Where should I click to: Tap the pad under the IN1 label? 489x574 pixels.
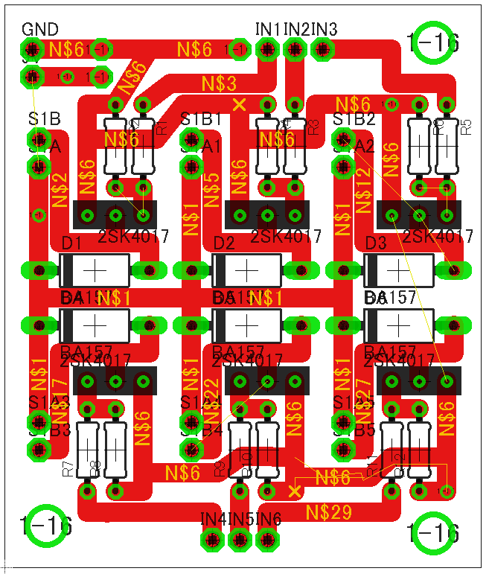pyautogui.click(x=267, y=49)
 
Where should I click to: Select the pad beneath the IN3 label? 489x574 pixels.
pyautogui.click(x=322, y=49)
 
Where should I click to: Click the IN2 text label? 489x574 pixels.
pyautogui.click(x=296, y=29)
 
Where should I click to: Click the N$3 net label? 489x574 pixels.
pyautogui.click(x=220, y=83)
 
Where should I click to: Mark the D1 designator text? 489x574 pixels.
pyautogui.click(x=71, y=243)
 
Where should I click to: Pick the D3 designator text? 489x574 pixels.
pyautogui.click(x=376, y=243)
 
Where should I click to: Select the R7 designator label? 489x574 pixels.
pyautogui.click(x=68, y=468)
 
